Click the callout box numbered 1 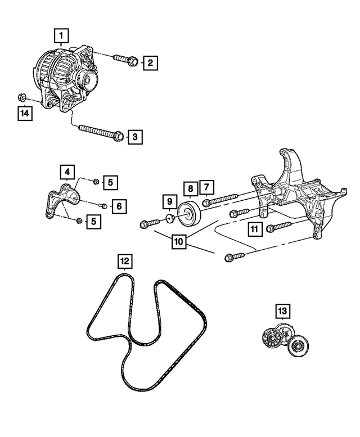62,37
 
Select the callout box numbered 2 149,63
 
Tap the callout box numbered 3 134,136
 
